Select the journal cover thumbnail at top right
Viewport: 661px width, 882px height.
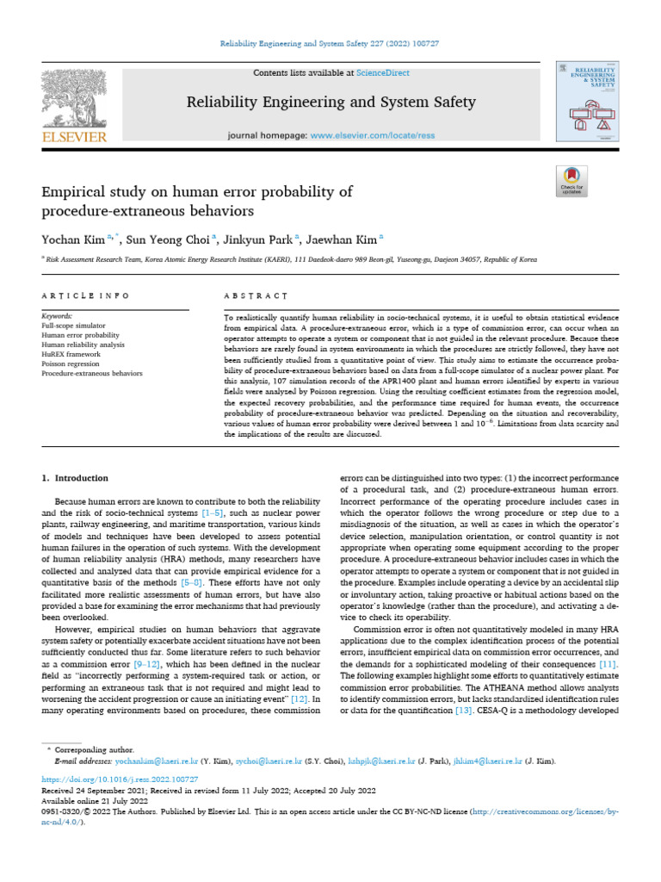(589, 102)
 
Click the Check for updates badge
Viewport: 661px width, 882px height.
(571, 180)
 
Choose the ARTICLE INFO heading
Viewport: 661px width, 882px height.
(85, 295)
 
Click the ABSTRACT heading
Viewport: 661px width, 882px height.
(256, 295)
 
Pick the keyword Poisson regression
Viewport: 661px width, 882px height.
(71, 364)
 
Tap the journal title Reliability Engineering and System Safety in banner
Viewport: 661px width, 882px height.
(331, 102)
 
